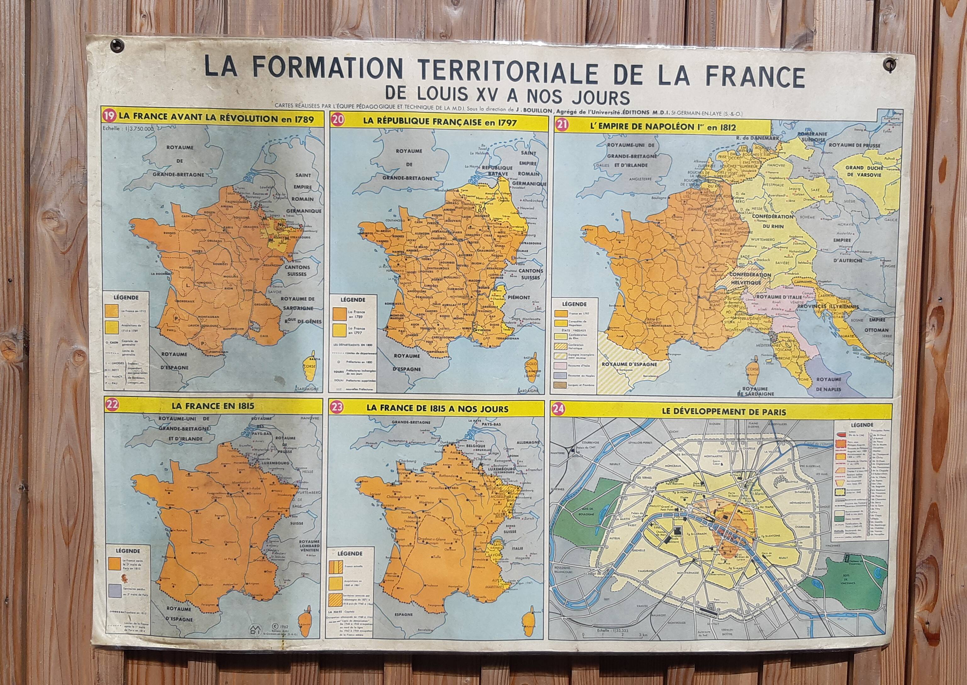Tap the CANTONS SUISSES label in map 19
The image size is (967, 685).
tap(297, 270)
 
